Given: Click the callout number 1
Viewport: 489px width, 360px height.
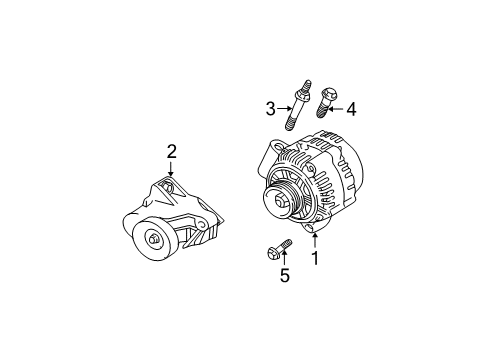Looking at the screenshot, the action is point(315,258).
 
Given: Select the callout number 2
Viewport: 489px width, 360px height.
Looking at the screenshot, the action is point(171,152).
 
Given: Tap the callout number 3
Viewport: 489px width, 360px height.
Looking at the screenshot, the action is point(270,109).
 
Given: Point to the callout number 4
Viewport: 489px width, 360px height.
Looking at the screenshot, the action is point(351,109).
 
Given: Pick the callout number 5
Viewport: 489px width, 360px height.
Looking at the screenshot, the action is point(285,275).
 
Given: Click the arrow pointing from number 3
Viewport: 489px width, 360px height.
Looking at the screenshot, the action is point(284,108).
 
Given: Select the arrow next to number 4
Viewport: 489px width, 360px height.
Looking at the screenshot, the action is point(336,109).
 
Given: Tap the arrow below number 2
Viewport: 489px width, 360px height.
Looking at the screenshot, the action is point(171,169).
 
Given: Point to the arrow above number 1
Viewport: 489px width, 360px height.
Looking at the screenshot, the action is point(315,241).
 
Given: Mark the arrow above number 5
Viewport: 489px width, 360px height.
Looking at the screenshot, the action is point(284,259).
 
